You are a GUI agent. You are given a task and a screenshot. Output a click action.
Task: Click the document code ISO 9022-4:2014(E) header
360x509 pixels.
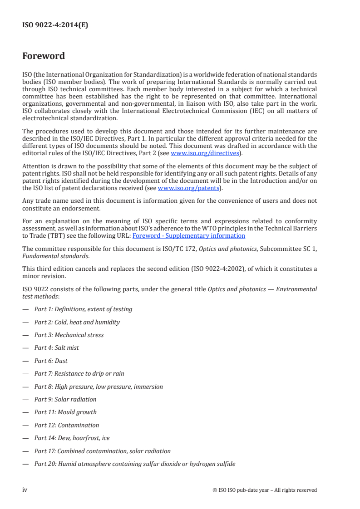(x=55, y=25)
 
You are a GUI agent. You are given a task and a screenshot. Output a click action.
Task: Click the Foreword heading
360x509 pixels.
(x=44, y=56)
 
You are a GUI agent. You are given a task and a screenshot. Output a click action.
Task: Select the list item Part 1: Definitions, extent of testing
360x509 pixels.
(x=83, y=309)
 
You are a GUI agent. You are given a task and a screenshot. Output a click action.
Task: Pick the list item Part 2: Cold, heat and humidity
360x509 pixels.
(x=77, y=322)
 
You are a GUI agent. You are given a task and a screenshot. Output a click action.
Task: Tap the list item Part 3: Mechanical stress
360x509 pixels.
(x=69, y=335)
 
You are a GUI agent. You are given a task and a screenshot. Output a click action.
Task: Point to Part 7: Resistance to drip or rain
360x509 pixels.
(x=79, y=373)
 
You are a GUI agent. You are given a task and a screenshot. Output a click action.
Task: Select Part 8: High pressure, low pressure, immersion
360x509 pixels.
(x=99, y=387)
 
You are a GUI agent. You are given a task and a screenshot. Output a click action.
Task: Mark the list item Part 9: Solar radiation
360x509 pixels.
(x=65, y=399)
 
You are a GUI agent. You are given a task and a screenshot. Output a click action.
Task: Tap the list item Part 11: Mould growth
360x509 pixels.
(x=65, y=412)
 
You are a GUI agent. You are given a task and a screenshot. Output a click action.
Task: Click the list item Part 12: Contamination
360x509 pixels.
(x=66, y=425)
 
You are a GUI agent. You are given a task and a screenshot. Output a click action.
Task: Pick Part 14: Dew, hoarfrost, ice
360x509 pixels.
(x=72, y=438)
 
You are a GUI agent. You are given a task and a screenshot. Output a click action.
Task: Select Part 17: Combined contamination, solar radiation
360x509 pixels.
(x=102, y=451)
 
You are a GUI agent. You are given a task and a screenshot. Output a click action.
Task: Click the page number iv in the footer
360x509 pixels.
(x=25, y=489)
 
